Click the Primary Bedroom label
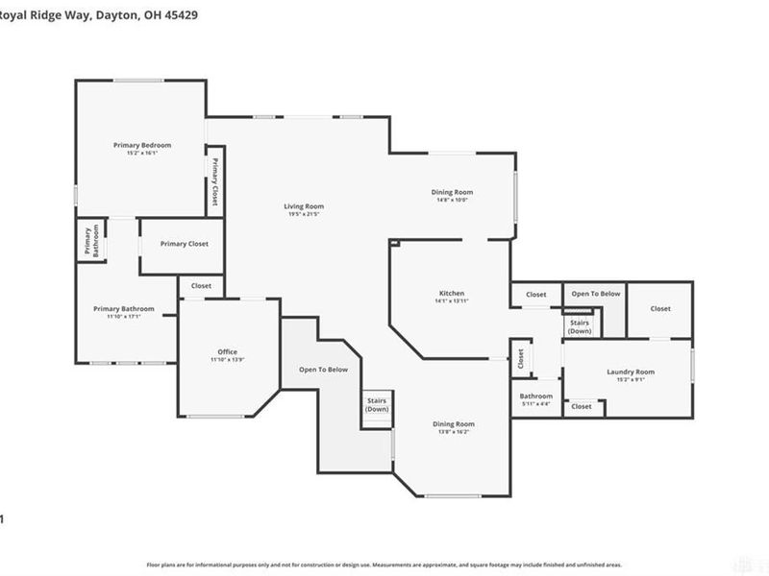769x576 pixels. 141,144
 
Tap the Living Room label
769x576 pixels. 303,205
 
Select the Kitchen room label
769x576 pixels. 452,293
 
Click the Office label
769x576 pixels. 227,351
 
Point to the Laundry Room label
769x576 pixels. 631,372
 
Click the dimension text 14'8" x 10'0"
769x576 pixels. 452,201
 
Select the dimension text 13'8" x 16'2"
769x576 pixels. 452,432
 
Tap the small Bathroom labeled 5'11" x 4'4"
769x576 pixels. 536,396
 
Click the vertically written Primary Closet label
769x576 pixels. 215,182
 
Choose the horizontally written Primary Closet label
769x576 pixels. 184,244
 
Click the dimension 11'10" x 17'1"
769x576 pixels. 123,317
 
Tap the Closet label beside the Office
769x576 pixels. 201,285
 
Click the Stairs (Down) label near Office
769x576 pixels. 377,405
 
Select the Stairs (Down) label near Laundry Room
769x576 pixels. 580,326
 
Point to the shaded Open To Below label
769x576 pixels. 324,370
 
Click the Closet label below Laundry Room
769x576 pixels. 582,406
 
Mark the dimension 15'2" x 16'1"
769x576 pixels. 141,153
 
